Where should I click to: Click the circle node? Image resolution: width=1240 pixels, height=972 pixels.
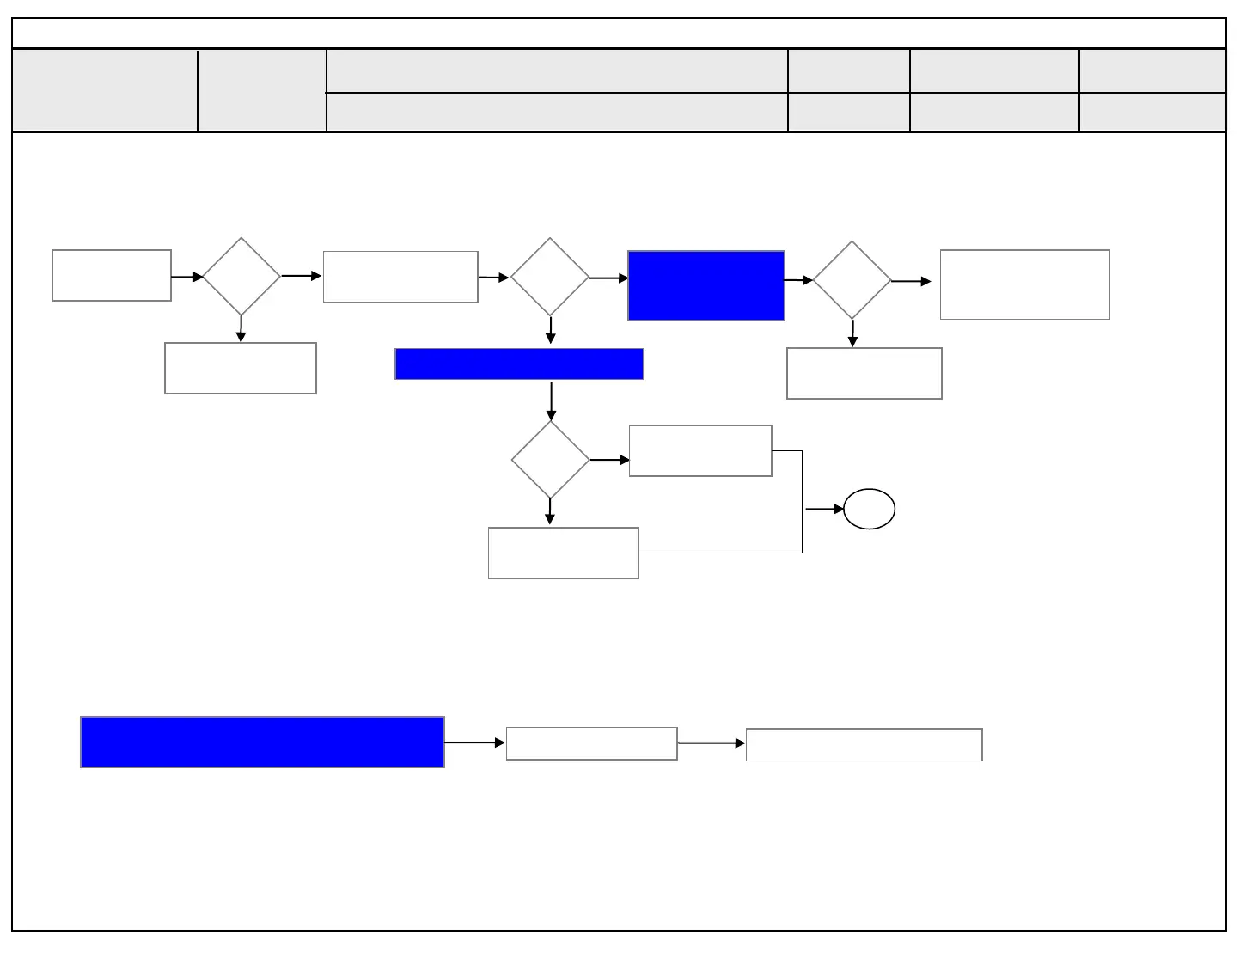[869, 509]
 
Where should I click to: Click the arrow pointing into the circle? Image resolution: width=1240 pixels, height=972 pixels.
[824, 509]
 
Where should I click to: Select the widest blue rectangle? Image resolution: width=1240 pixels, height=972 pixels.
[262, 742]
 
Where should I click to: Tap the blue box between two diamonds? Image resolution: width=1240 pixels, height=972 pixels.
[706, 285]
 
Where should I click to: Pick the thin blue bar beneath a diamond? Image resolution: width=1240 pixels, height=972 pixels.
[519, 364]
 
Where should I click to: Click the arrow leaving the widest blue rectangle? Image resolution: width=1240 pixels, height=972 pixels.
[474, 742]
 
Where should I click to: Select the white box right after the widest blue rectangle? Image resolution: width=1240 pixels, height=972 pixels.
[591, 743]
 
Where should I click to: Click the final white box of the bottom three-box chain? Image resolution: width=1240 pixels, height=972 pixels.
[864, 744]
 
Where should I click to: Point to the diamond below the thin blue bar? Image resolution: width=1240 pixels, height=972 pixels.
[550, 460]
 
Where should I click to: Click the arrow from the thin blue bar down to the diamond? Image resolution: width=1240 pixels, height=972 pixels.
[551, 400]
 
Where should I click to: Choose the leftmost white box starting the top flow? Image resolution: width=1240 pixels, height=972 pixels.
[112, 276]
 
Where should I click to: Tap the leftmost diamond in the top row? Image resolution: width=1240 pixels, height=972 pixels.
[241, 277]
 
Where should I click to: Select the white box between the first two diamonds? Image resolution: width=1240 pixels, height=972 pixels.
[400, 277]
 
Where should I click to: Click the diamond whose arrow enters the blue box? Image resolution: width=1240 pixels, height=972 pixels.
[550, 278]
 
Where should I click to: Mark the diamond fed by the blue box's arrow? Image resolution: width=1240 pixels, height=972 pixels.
[852, 280]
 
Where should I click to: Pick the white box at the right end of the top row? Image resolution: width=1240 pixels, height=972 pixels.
[1024, 284]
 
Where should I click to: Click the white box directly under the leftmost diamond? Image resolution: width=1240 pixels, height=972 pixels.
[241, 368]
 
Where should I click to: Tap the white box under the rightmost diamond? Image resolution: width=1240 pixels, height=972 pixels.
[864, 373]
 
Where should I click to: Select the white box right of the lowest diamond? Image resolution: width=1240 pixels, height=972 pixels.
[700, 450]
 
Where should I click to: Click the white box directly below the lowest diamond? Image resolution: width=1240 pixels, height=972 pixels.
[564, 553]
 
